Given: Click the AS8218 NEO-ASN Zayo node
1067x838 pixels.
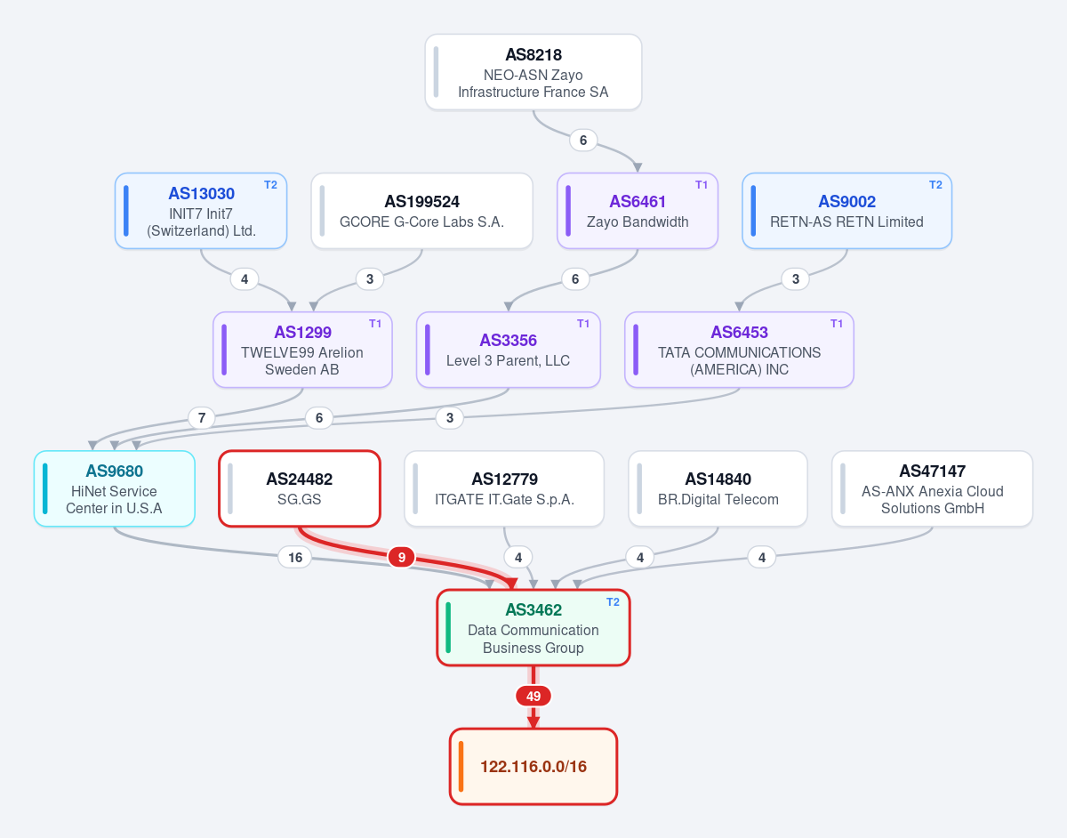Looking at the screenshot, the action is point(533,72).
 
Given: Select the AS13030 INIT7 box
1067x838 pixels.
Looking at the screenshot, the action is point(201,211).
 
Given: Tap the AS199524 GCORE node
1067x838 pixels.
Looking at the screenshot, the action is point(421,211).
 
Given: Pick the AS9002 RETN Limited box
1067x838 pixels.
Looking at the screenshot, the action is point(847,211).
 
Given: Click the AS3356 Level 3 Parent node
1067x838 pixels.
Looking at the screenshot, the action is point(509,350).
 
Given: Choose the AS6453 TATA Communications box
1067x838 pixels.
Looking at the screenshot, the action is point(739,350).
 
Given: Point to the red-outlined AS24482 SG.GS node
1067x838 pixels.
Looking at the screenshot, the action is point(300,488).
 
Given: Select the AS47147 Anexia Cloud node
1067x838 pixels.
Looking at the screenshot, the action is point(932,488).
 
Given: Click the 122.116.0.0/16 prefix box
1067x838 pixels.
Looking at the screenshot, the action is point(533,766).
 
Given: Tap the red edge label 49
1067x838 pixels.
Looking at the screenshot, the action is point(533,696).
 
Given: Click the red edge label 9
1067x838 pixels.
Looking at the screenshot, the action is point(402,558).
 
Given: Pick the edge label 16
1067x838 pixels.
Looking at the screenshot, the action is point(295,558).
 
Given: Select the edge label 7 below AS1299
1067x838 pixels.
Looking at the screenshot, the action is point(202,418).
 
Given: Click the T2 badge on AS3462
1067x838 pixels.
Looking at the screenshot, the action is point(613,602).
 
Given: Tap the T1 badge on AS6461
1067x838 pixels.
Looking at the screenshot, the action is point(702,185).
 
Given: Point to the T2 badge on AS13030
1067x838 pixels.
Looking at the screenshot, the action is point(270,185).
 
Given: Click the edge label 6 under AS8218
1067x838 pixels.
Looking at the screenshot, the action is point(583,141).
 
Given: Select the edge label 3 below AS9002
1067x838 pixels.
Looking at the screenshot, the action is point(796,279).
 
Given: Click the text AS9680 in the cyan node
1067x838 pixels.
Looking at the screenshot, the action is point(115,471).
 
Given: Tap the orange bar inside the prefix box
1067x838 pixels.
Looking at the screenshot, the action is point(461,766).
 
